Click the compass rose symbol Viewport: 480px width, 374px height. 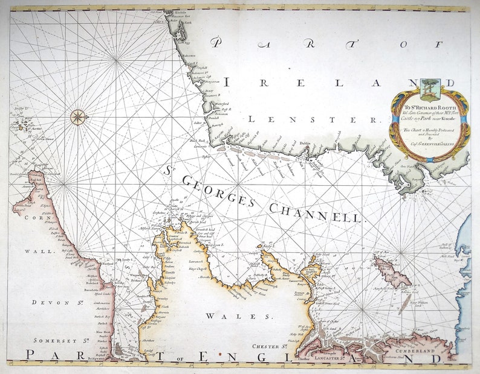[x=78, y=117]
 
